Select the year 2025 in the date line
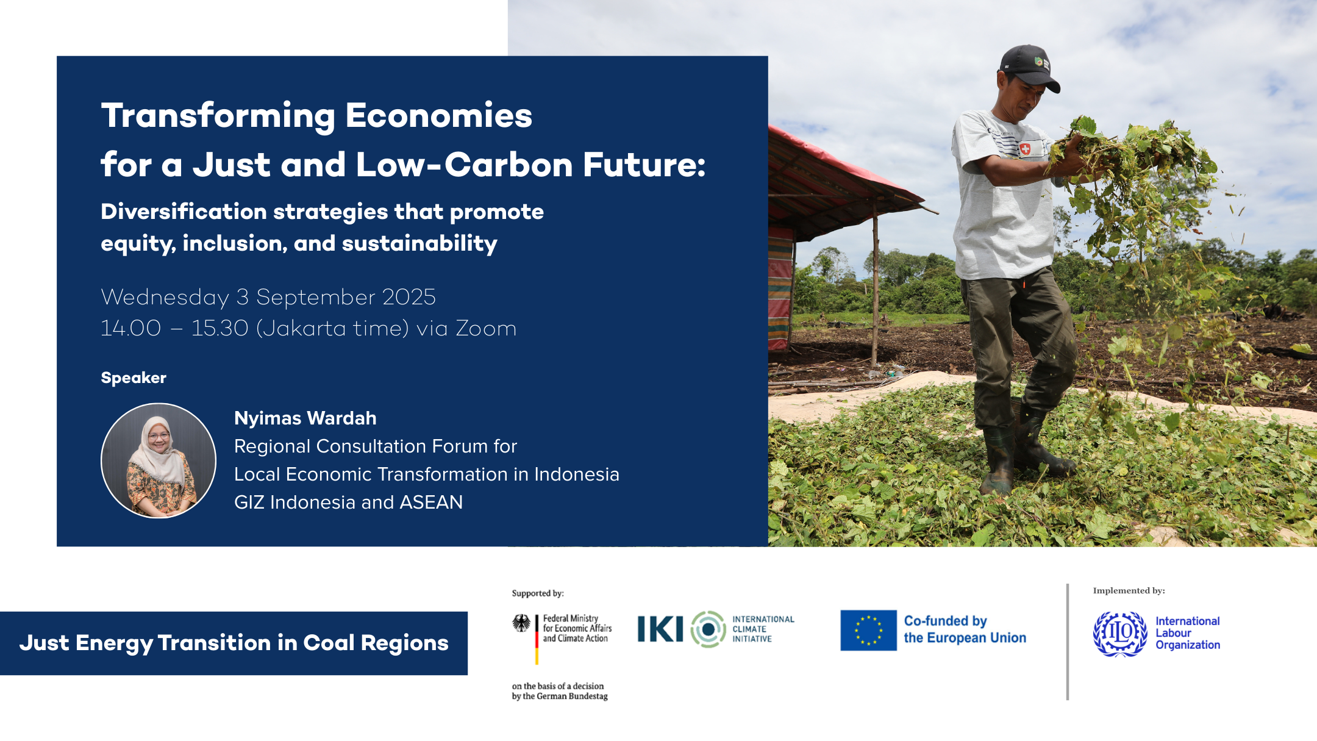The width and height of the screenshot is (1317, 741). [x=409, y=297]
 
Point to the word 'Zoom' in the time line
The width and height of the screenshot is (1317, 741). [x=486, y=328]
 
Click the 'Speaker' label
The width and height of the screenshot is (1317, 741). [x=134, y=378]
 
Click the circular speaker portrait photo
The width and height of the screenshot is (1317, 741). [x=159, y=460]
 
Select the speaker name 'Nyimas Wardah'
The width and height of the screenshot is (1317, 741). [x=305, y=418]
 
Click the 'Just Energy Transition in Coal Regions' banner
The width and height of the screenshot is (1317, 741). [x=234, y=643]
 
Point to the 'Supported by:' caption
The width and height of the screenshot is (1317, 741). [x=538, y=593]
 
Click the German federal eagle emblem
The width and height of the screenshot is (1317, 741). [x=521, y=623]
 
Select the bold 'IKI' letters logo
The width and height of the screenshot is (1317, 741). [x=660, y=629]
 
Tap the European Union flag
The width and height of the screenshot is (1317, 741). [x=868, y=630]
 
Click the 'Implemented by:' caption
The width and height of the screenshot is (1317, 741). [x=1129, y=590]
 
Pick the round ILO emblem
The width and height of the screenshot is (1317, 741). [x=1120, y=634]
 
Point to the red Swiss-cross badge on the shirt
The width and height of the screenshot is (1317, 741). [x=1025, y=148]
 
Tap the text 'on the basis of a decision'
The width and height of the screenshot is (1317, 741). [x=558, y=686]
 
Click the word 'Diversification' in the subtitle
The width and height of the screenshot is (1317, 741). [x=184, y=212]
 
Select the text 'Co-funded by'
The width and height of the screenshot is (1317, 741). [x=945, y=621]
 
